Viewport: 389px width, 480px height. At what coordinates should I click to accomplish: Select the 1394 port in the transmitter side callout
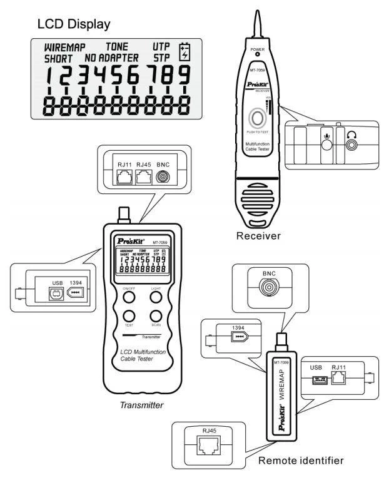pyautogui.click(x=76, y=294)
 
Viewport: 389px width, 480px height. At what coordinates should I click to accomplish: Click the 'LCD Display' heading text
pyautogui.click(x=74, y=24)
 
